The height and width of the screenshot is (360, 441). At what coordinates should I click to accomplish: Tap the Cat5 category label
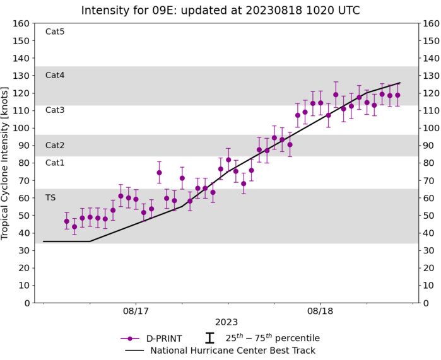point(56,32)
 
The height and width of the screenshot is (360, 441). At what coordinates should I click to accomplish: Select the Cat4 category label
point(56,75)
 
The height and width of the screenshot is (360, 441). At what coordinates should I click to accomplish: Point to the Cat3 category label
point(56,110)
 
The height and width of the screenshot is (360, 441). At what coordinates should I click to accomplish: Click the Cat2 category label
point(56,145)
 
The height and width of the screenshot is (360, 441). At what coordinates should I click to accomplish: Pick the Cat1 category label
point(56,163)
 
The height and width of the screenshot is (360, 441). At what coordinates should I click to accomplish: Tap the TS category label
point(50,197)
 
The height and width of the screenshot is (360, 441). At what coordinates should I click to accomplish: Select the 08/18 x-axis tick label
point(320,311)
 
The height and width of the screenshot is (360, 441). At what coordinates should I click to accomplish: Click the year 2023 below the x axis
point(227,322)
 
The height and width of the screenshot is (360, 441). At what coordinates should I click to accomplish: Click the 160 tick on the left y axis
point(21,23)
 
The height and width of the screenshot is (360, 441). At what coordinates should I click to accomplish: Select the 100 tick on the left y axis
point(21,128)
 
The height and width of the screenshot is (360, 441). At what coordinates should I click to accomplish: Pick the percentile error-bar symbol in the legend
point(209,338)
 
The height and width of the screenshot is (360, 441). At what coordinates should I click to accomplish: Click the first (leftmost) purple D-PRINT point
point(66,221)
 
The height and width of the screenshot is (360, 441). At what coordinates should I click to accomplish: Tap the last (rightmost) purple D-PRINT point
point(397,95)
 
